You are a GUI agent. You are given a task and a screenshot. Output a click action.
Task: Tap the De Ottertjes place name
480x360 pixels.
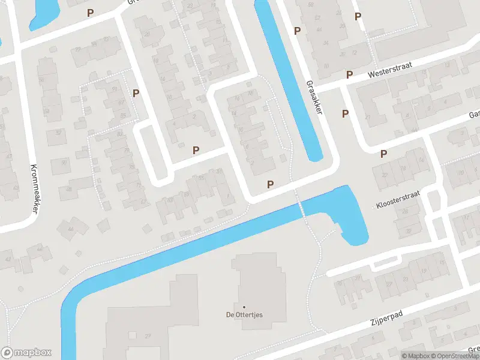click(x=244, y=314)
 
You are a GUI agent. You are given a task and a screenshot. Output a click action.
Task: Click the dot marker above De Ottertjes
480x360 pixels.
click(x=244, y=307)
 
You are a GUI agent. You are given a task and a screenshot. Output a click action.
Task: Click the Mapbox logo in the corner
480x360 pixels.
click(x=26, y=353)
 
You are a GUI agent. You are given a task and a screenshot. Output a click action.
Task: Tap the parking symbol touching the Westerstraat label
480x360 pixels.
click(x=349, y=74)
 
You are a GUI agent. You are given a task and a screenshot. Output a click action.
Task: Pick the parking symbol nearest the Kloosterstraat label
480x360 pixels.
click(x=384, y=154)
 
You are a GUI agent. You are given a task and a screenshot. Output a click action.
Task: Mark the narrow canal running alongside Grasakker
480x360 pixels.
click(x=290, y=78)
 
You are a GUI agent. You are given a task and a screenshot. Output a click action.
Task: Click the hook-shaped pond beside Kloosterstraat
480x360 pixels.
click(x=351, y=216)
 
